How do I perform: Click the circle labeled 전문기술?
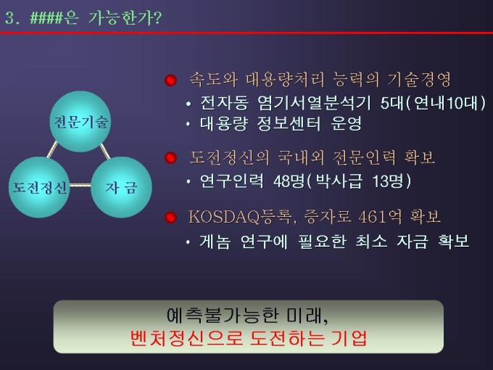80,121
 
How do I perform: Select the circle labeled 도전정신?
39,187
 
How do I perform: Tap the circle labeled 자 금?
121,187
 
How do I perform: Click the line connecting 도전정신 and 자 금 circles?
80,185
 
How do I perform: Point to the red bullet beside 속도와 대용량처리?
170,81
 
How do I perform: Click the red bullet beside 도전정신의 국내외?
170,157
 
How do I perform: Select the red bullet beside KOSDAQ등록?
170,217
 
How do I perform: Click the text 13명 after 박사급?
388,181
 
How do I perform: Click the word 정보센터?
289,123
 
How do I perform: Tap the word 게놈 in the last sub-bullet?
215,242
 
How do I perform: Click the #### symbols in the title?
46,18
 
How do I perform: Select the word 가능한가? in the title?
125,18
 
